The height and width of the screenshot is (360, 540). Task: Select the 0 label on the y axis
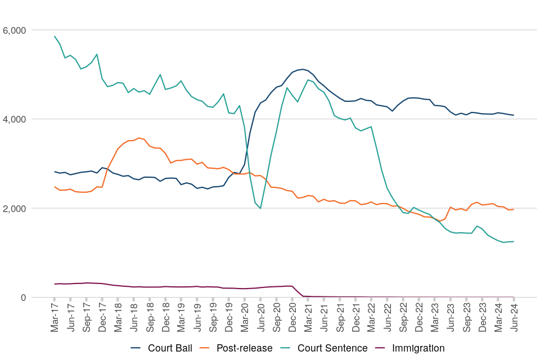pyautogui.click(x=22, y=298)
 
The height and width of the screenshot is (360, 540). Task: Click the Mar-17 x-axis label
pyautogui.click(x=55, y=317)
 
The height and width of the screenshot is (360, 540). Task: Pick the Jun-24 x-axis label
pyautogui.click(x=514, y=317)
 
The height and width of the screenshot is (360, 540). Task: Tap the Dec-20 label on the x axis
pyautogui.click(x=292, y=317)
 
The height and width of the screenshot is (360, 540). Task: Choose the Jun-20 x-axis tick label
pyautogui.click(x=260, y=317)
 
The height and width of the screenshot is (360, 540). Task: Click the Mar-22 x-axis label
pyautogui.click(x=371, y=317)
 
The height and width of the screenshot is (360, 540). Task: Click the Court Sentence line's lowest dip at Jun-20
pyautogui.click(x=260, y=208)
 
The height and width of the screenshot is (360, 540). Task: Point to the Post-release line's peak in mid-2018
pyautogui.click(x=139, y=138)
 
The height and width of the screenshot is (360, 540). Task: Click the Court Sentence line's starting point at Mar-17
pyautogui.click(x=55, y=37)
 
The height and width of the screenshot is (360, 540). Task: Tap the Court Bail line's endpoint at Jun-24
pyautogui.click(x=514, y=115)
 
